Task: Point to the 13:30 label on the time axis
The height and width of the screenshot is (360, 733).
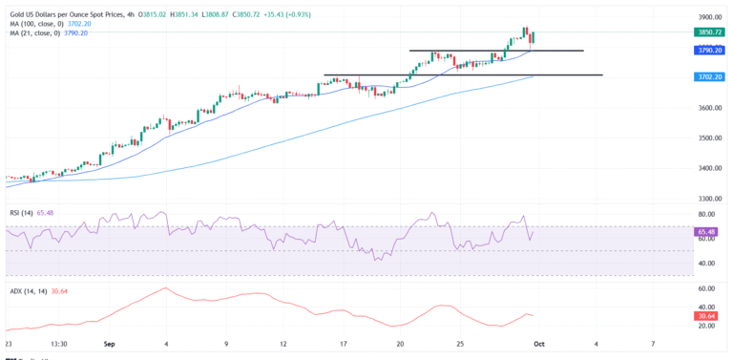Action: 58,342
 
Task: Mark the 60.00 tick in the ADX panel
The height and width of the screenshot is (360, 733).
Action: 708,288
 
